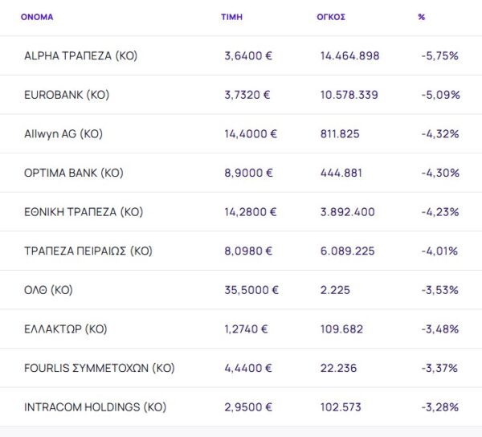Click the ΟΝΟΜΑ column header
pyautogui.click(x=37, y=17)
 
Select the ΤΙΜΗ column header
pyautogui.click(x=231, y=17)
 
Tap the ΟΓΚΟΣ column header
pyautogui.click(x=331, y=17)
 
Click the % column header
pyautogui.click(x=422, y=17)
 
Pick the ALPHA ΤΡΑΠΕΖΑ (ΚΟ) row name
pyautogui.click(x=81, y=56)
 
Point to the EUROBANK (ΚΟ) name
pyautogui.click(x=67, y=95)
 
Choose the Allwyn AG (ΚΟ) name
pyautogui.click(x=63, y=134)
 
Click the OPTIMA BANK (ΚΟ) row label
pyautogui.click(x=74, y=173)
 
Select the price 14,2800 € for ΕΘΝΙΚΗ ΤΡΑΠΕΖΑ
pyautogui.click(x=251, y=212)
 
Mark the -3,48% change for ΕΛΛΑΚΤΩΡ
pyautogui.click(x=439, y=329)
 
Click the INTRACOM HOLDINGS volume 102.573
pyautogui.click(x=342, y=407)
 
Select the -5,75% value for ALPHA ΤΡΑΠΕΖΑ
pyautogui.click(x=439, y=56)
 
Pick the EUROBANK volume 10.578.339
pyautogui.click(x=349, y=95)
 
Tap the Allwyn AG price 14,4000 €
pyautogui.click(x=251, y=134)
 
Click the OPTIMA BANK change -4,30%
pyautogui.click(x=439, y=173)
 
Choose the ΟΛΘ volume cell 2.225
pyautogui.click(x=334, y=290)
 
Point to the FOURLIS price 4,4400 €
pyautogui.click(x=248, y=368)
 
